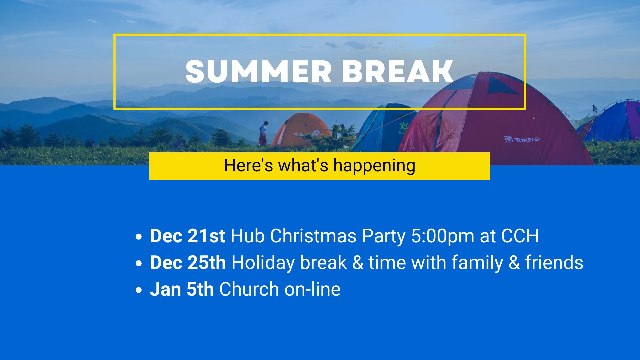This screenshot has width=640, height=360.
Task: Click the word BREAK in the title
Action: coord(398,71)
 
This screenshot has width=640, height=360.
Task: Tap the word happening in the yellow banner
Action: coord(374,166)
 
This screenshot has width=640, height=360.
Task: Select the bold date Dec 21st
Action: coord(187,236)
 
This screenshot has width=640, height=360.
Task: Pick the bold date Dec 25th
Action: coord(188,262)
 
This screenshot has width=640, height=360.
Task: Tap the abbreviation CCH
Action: coord(520,236)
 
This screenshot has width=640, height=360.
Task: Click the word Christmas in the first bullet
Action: coord(313,236)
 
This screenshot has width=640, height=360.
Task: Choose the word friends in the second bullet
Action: coord(554,262)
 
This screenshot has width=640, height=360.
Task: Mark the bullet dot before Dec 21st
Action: coord(139,237)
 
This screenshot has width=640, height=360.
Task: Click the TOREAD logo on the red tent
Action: coord(522,139)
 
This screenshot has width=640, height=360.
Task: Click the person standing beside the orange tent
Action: coord(263,133)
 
